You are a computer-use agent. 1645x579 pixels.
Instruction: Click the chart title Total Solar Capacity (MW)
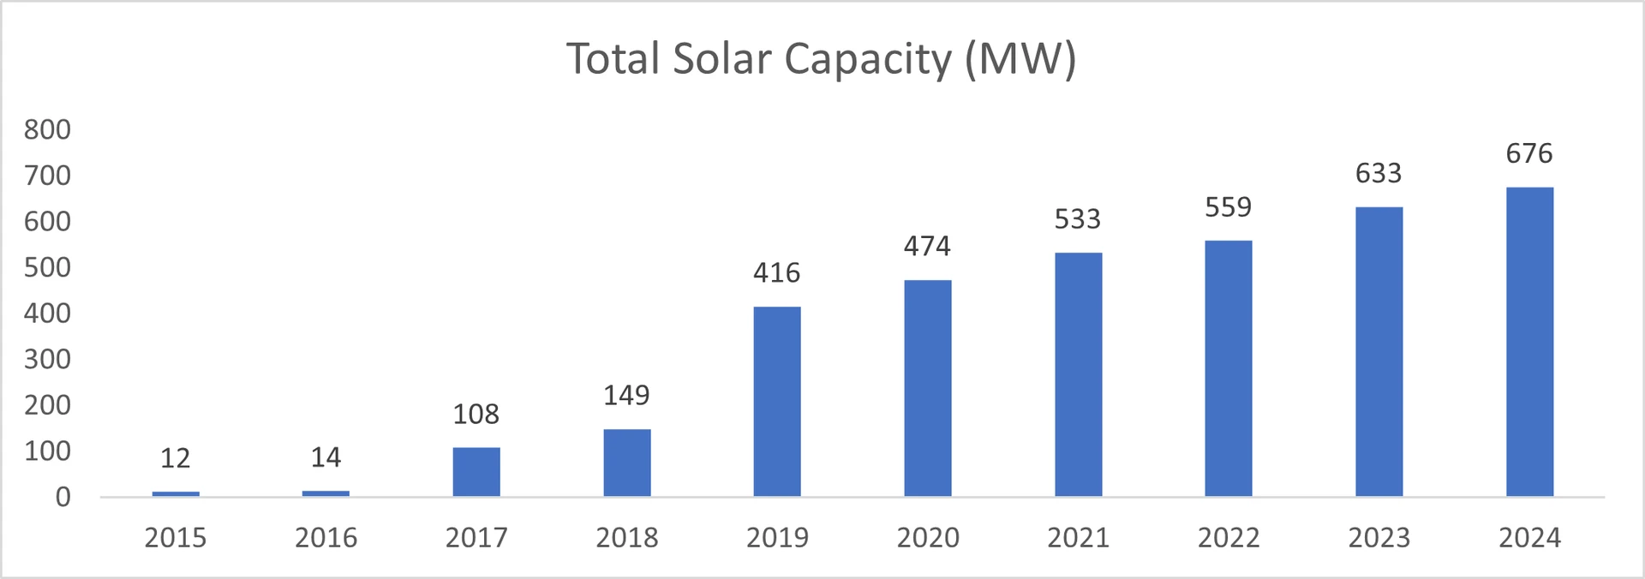click(x=821, y=59)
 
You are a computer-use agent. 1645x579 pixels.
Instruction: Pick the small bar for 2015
click(x=176, y=493)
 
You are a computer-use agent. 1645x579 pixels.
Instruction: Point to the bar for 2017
click(x=476, y=472)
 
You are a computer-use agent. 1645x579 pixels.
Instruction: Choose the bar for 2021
click(x=1078, y=374)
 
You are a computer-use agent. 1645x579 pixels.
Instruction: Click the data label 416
click(x=777, y=273)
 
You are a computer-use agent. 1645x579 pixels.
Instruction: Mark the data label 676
click(x=1529, y=154)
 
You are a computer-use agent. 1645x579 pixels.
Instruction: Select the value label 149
click(x=626, y=396)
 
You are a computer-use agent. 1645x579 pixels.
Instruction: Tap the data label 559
click(x=1228, y=207)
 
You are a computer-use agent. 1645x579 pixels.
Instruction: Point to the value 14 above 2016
click(x=326, y=457)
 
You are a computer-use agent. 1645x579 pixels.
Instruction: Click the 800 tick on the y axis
click(x=47, y=130)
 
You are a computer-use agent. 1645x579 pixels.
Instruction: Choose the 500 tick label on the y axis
click(x=47, y=267)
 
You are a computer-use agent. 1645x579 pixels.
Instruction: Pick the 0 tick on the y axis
click(x=63, y=498)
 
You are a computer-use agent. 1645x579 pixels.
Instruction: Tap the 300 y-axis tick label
click(x=47, y=359)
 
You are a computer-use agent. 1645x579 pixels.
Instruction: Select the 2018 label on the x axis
click(x=626, y=538)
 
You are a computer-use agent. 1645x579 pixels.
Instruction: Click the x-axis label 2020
click(x=928, y=538)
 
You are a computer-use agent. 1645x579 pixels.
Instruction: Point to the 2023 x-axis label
click(x=1379, y=538)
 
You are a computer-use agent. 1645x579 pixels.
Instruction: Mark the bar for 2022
click(x=1228, y=368)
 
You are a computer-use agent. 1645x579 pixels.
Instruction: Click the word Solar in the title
click(x=721, y=59)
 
